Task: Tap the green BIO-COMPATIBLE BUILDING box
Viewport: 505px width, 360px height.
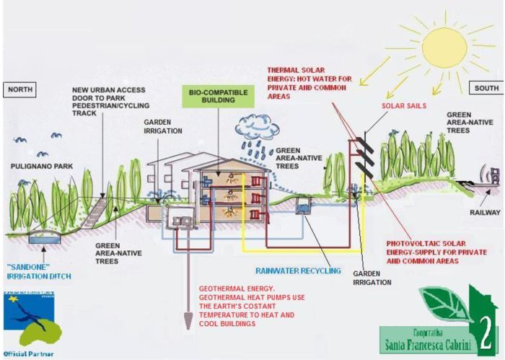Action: pos(219,97)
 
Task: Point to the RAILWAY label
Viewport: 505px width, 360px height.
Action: pos(484,212)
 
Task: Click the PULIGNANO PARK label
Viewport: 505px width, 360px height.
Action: pos(38,167)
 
